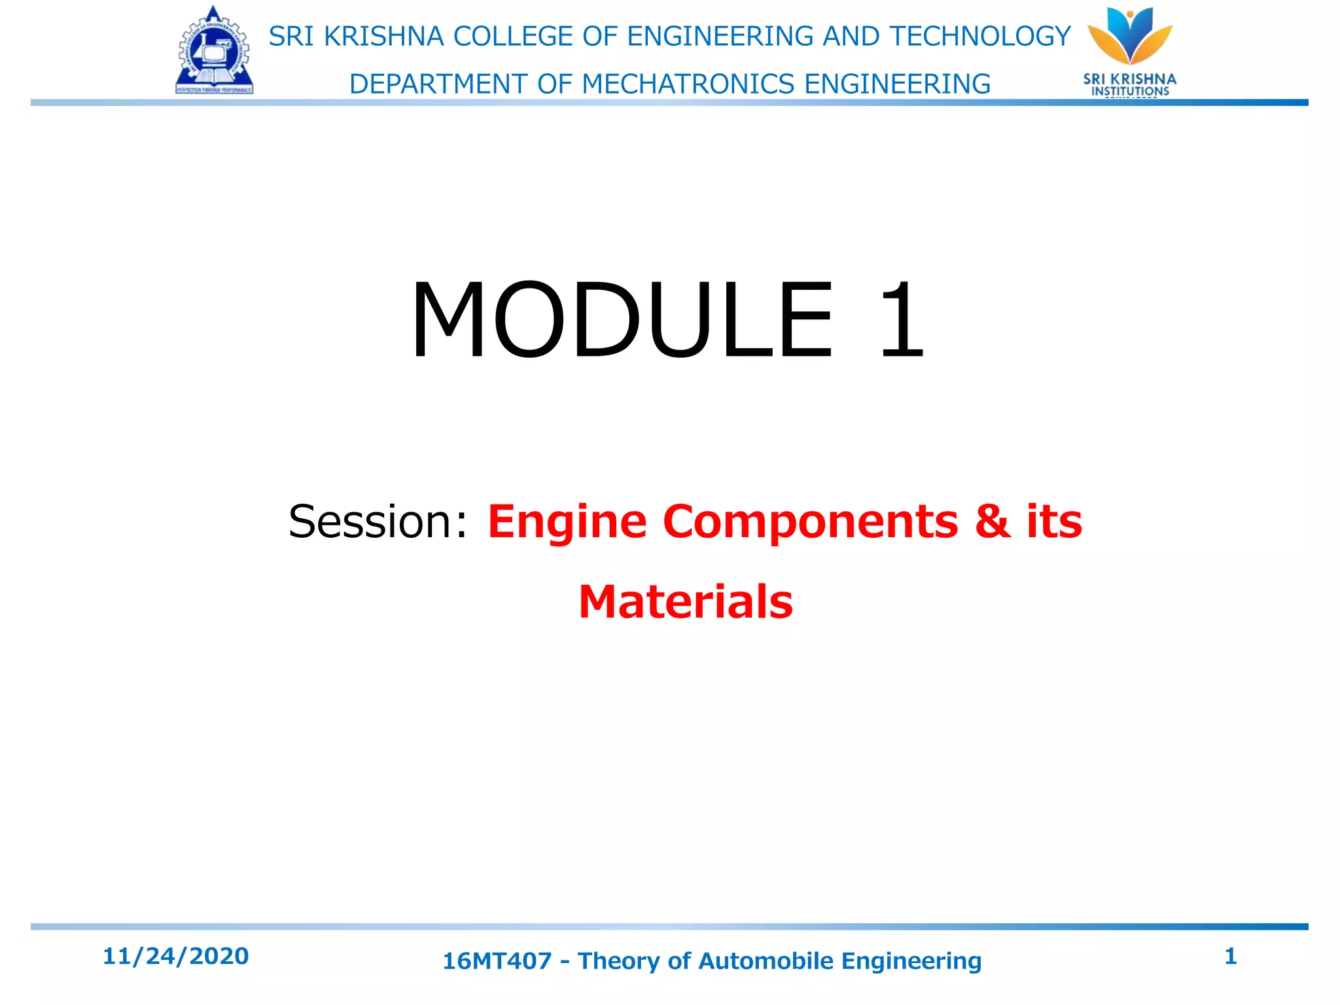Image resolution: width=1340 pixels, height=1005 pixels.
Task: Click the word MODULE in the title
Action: click(622, 320)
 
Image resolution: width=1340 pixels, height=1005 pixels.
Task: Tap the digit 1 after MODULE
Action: click(901, 320)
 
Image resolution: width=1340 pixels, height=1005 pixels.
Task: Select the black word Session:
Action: click(378, 521)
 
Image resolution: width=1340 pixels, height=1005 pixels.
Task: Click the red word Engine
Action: click(567, 523)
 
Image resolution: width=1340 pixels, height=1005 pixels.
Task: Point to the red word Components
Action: click(810, 521)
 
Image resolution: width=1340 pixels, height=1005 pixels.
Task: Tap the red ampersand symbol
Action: click(992, 521)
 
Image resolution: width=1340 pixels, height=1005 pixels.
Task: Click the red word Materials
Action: click(685, 602)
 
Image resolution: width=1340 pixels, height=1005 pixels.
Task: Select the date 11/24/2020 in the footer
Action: click(175, 956)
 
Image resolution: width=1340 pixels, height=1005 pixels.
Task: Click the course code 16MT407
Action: click(497, 961)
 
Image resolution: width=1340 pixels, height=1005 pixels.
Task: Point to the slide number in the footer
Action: click(1230, 956)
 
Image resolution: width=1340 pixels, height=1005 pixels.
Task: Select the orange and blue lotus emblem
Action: click(1130, 36)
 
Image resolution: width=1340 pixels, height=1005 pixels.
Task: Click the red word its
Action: click(1054, 521)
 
